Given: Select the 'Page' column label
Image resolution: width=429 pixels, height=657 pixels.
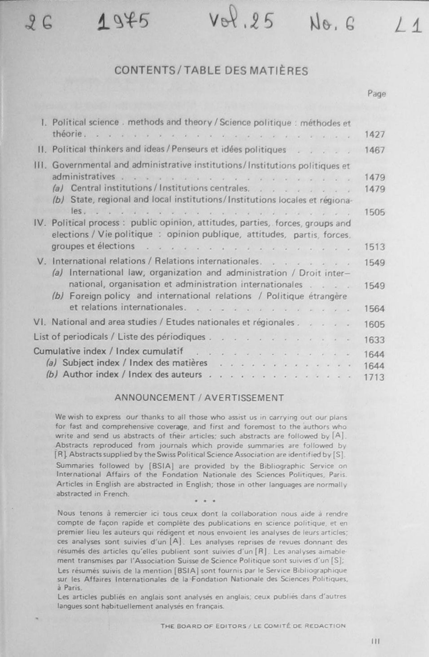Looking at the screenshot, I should (376, 94).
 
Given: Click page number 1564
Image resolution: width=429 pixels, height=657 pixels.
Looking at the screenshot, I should (374, 309).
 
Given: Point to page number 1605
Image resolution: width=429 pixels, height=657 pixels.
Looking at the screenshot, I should (374, 324).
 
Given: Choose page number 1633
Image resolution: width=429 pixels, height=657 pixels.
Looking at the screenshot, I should (374, 340).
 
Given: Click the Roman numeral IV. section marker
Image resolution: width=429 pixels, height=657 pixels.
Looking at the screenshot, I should (40, 223).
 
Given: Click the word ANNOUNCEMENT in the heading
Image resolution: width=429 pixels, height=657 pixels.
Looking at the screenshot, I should (155, 398).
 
